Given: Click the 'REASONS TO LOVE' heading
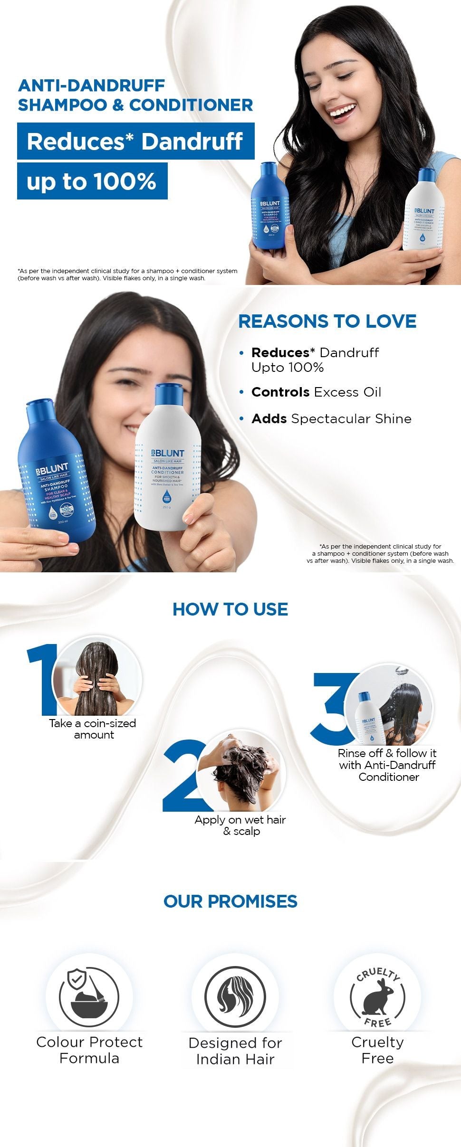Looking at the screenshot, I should [x=327, y=322].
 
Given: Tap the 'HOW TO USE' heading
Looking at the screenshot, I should [x=230, y=609].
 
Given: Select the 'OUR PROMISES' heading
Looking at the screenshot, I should [x=230, y=901].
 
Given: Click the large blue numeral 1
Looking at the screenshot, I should [x=42, y=679].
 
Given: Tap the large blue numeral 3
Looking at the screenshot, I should [x=333, y=708].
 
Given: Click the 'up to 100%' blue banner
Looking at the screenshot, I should [x=92, y=181].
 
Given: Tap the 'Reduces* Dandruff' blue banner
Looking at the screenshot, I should [x=135, y=141].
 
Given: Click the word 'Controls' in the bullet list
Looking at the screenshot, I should [x=280, y=392].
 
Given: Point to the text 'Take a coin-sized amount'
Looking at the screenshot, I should [x=93, y=729].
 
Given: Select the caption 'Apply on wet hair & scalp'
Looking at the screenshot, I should [x=240, y=825].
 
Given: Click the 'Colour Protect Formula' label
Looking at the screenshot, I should [x=89, y=1050].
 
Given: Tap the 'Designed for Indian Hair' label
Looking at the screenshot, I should [x=235, y=1051].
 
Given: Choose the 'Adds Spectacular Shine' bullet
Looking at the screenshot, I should [x=331, y=419].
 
